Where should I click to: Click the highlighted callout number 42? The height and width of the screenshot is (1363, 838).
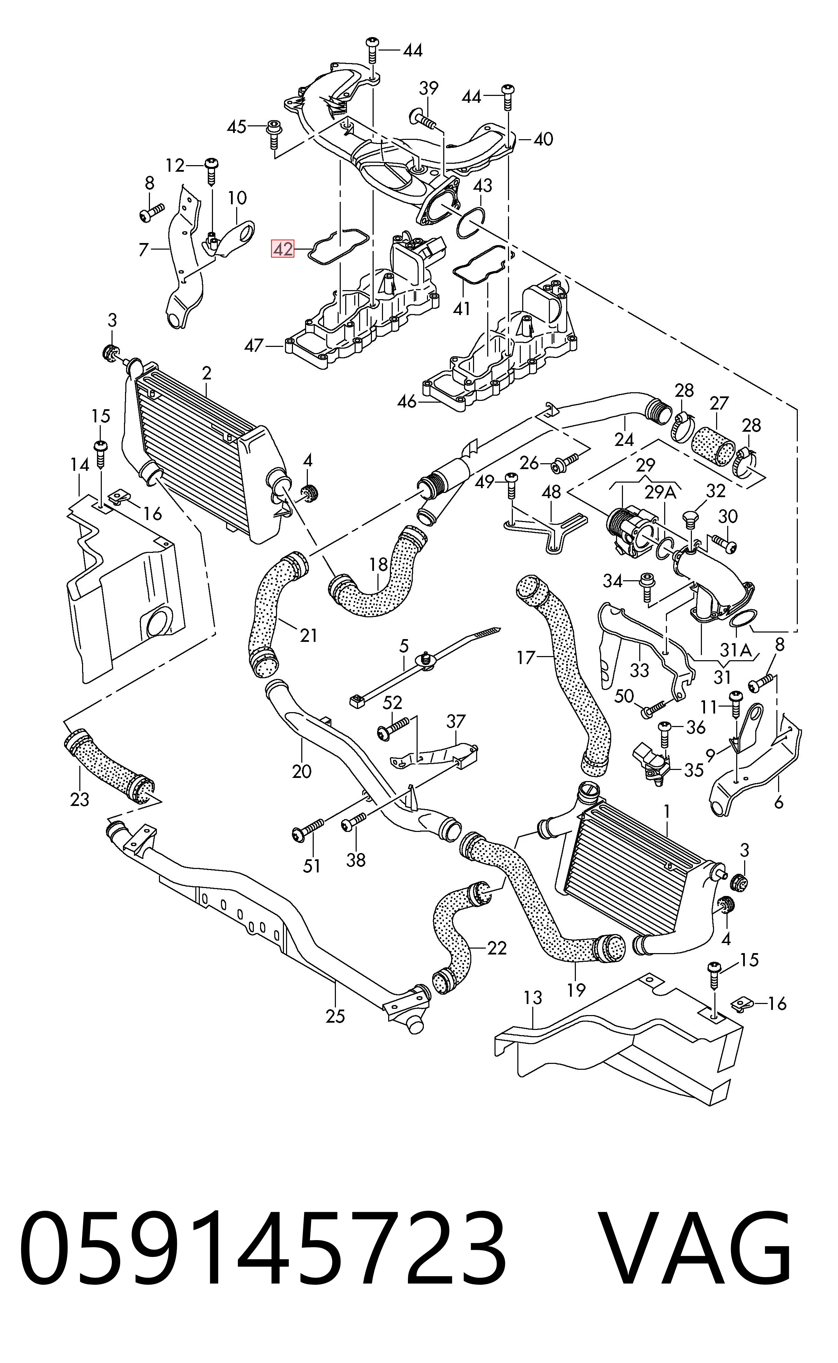pos(282,249)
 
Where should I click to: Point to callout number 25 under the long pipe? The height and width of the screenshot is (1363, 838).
pos(335,1016)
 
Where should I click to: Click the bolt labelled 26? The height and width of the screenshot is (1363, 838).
pos(564,461)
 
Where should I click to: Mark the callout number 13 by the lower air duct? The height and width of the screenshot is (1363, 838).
pos(533,997)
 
